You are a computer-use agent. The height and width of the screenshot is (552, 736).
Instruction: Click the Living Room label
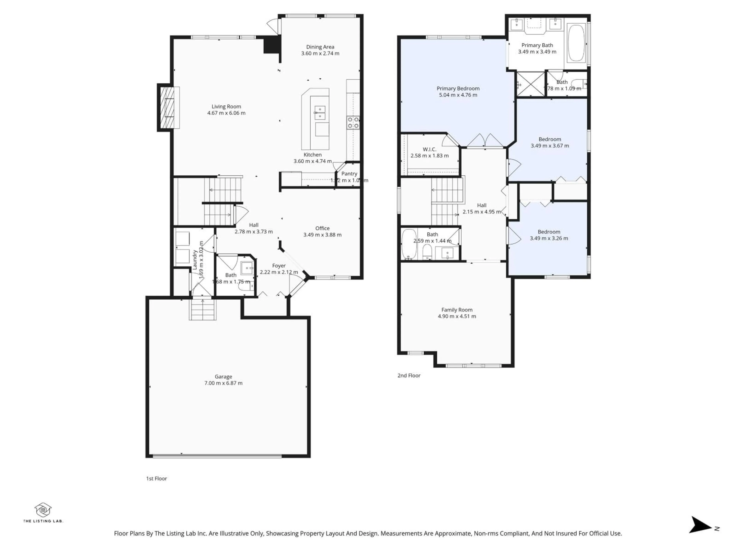(226, 107)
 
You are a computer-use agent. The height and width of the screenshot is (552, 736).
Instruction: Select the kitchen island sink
(320, 113)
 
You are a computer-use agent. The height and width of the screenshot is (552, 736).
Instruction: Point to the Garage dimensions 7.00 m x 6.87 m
(223, 383)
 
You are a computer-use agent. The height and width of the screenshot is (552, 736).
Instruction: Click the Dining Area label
(320, 47)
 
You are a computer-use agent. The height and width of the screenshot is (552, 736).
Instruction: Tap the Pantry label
(349, 174)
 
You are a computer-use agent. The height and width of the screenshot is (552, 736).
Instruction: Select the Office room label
(322, 228)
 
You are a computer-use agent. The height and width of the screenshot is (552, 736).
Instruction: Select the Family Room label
(457, 310)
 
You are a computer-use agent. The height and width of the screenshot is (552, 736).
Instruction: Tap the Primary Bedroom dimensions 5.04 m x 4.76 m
(458, 95)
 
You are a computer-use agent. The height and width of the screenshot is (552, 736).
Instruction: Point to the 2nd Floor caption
(409, 375)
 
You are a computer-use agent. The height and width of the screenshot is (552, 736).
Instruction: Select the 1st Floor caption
(156, 478)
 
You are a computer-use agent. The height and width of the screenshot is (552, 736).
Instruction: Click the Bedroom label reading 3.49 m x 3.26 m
(549, 238)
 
